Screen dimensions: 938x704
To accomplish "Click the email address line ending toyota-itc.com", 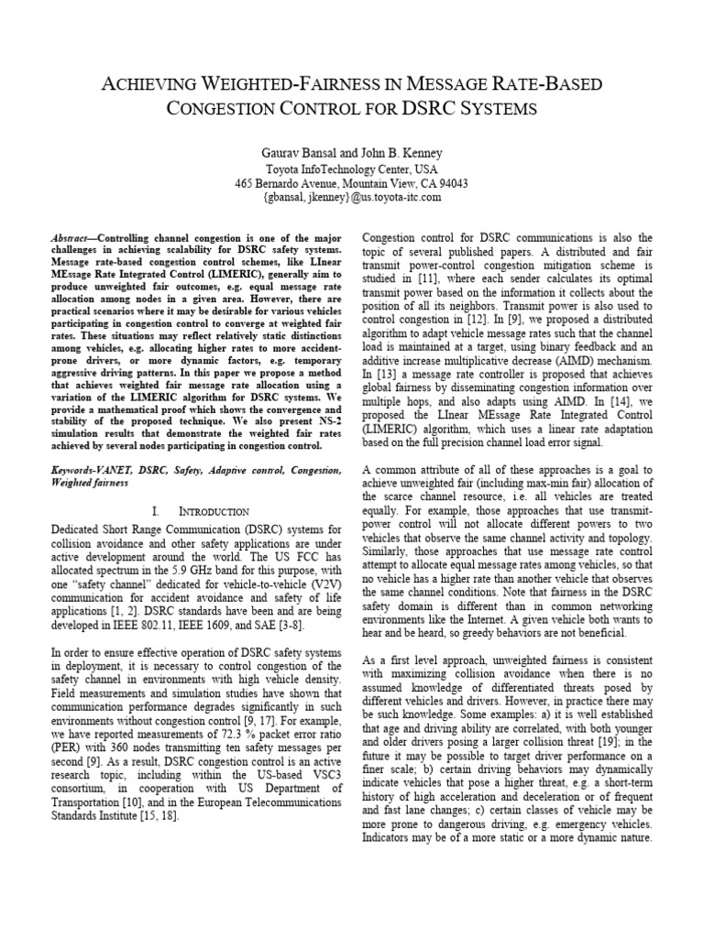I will coord(352,197).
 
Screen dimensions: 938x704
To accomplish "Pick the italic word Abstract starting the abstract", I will coord(70,236).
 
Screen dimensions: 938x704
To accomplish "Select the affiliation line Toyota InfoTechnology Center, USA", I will coord(352,169).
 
